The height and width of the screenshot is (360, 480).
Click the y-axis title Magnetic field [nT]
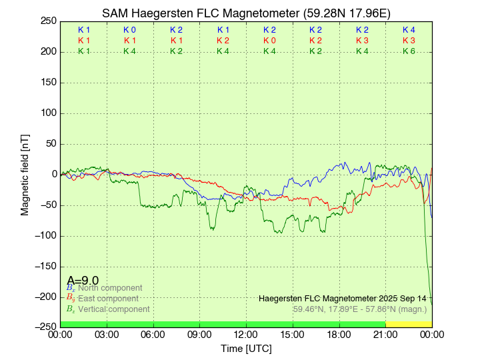tap(25, 173)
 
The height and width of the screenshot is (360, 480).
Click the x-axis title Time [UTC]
tap(246, 349)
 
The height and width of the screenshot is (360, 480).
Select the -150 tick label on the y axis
tap(45, 266)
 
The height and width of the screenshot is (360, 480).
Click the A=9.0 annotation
tap(83, 281)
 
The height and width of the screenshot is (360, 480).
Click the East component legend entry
tap(108, 299)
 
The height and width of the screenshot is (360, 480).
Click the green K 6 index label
tap(409, 51)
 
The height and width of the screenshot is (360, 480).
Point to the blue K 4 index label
tap(409, 30)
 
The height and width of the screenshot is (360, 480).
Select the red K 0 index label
tap(269, 41)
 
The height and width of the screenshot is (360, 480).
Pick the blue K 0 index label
tap(130, 30)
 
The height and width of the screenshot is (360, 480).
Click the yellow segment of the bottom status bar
tap(409, 324)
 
